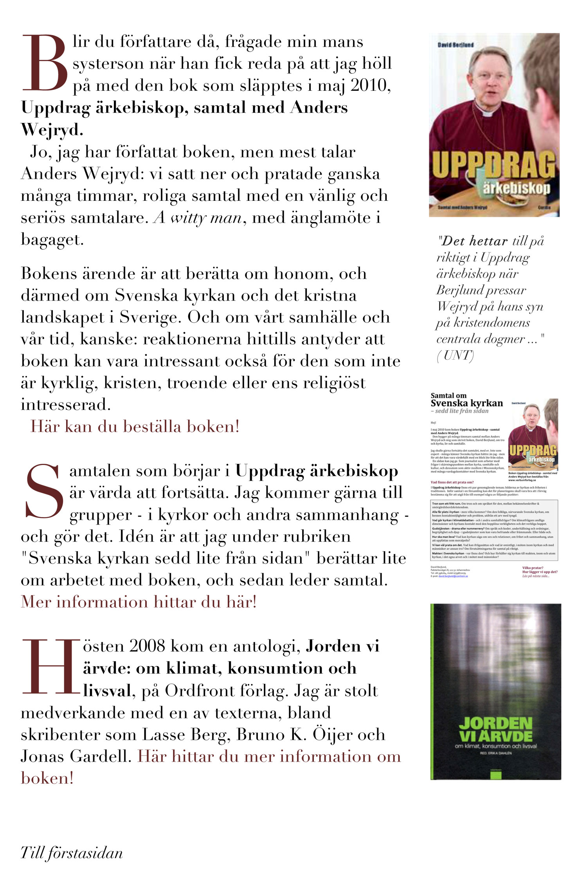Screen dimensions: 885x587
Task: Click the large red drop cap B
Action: click(x=45, y=63)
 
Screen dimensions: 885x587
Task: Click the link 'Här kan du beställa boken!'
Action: click(x=135, y=426)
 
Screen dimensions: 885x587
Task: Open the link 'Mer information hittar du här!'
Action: click(x=139, y=602)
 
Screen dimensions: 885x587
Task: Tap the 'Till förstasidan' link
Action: click(x=72, y=853)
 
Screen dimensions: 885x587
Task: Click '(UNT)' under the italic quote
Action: click(x=455, y=355)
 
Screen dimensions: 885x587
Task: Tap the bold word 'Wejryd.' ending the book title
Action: click(x=52, y=130)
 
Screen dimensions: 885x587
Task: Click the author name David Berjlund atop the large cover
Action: click(x=456, y=45)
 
